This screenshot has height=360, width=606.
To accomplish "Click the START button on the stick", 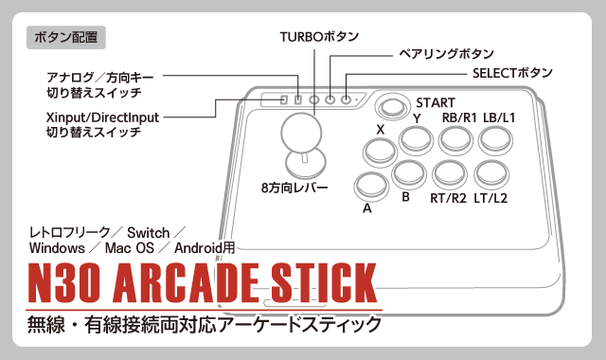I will point(390,104).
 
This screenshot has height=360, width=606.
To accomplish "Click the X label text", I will point(381,129).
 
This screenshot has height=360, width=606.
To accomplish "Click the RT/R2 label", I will point(449,199).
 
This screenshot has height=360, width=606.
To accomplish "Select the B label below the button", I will point(405,197).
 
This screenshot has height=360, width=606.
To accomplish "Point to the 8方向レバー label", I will point(294,188).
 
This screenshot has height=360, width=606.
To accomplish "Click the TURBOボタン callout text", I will point(319,36).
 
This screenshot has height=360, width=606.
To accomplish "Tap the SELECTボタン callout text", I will point(512,73).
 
